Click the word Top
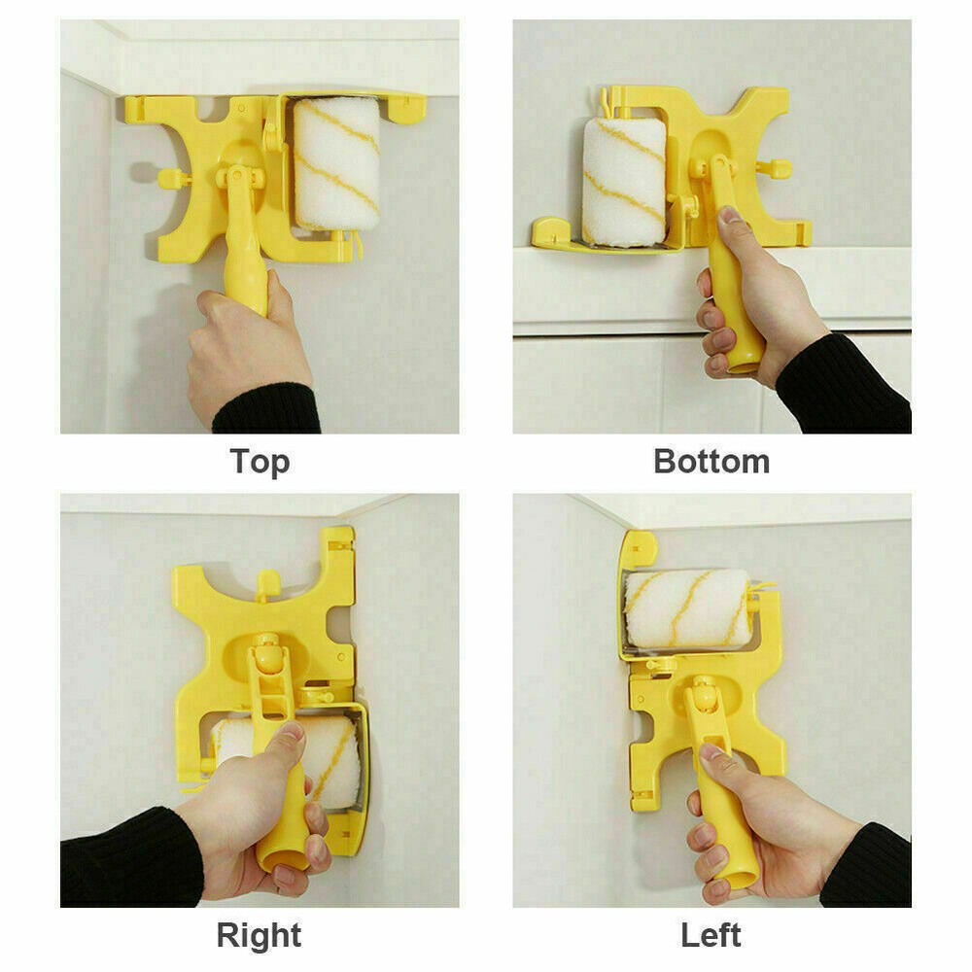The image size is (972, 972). (260, 461)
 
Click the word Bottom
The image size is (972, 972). (712, 461)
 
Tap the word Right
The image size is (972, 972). (260, 935)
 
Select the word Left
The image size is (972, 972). (712, 935)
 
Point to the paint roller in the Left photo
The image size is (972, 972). (686, 608)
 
